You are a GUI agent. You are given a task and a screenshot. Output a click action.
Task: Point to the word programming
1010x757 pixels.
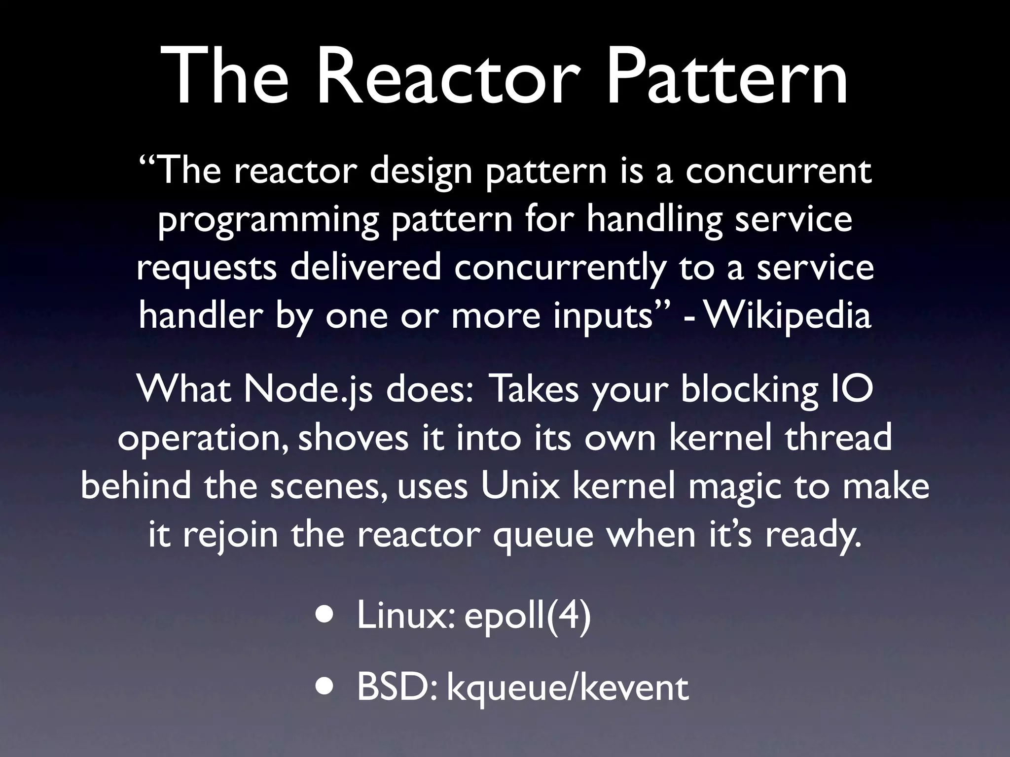click(268, 220)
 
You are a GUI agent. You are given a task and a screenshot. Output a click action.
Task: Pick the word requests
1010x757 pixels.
click(207, 269)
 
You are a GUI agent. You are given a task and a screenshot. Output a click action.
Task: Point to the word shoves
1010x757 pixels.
click(354, 438)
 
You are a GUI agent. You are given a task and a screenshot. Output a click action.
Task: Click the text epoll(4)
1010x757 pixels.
click(527, 617)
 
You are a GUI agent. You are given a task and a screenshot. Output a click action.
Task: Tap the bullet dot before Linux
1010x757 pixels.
click(324, 617)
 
